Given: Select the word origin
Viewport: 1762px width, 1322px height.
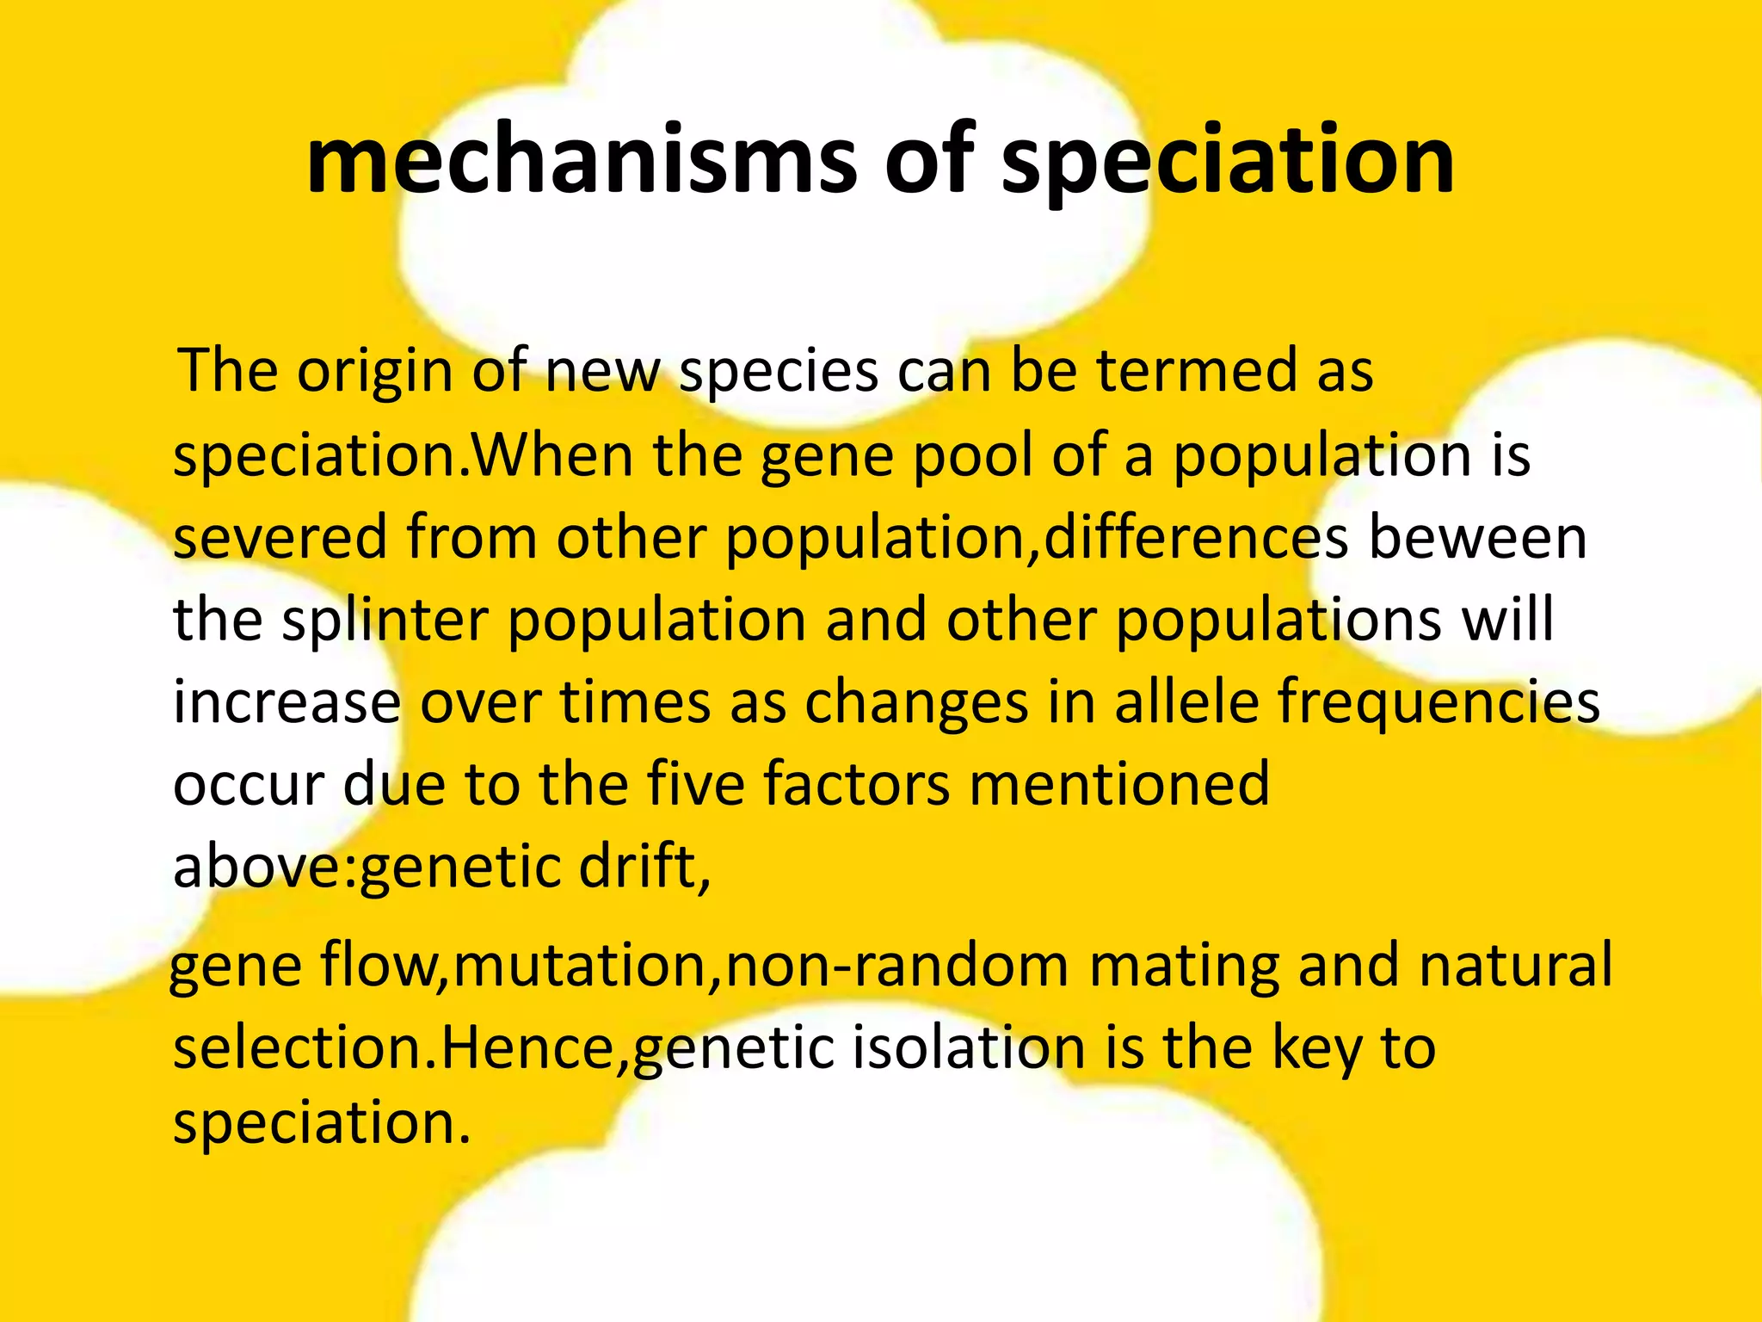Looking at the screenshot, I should (375, 372).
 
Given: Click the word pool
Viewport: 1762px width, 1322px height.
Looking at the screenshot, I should (972, 456).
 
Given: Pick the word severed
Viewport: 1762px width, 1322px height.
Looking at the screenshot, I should (280, 537).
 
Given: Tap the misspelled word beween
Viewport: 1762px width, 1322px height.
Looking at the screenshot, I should (1477, 537).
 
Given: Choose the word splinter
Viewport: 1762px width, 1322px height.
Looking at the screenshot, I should (385, 621).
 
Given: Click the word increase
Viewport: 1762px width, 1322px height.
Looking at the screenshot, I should (286, 701).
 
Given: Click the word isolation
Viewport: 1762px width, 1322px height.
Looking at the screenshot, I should (969, 1048).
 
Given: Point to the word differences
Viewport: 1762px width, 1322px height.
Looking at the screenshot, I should (1196, 537).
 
